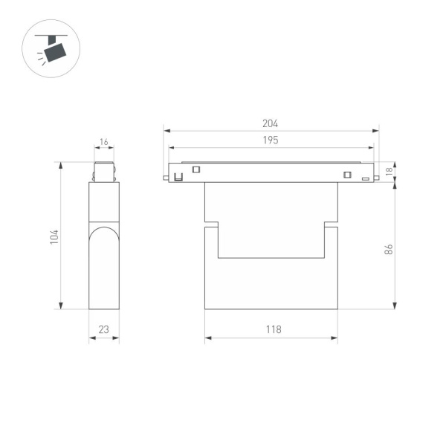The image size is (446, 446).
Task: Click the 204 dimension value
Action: (271, 124)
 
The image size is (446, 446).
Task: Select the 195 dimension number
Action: (271, 140)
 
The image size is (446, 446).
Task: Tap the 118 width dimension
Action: (271, 330)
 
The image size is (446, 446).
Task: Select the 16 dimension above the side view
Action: (103, 141)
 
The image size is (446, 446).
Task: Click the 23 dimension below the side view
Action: (103, 330)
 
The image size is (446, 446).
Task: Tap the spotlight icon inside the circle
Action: (54, 50)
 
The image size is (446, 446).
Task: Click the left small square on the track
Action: (196, 169)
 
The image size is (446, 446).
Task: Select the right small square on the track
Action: (346, 175)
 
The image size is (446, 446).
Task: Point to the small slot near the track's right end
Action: (366, 178)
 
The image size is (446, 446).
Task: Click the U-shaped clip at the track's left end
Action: (178, 177)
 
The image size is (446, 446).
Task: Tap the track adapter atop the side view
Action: (103, 172)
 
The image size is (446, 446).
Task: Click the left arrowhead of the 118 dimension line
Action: (207, 338)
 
